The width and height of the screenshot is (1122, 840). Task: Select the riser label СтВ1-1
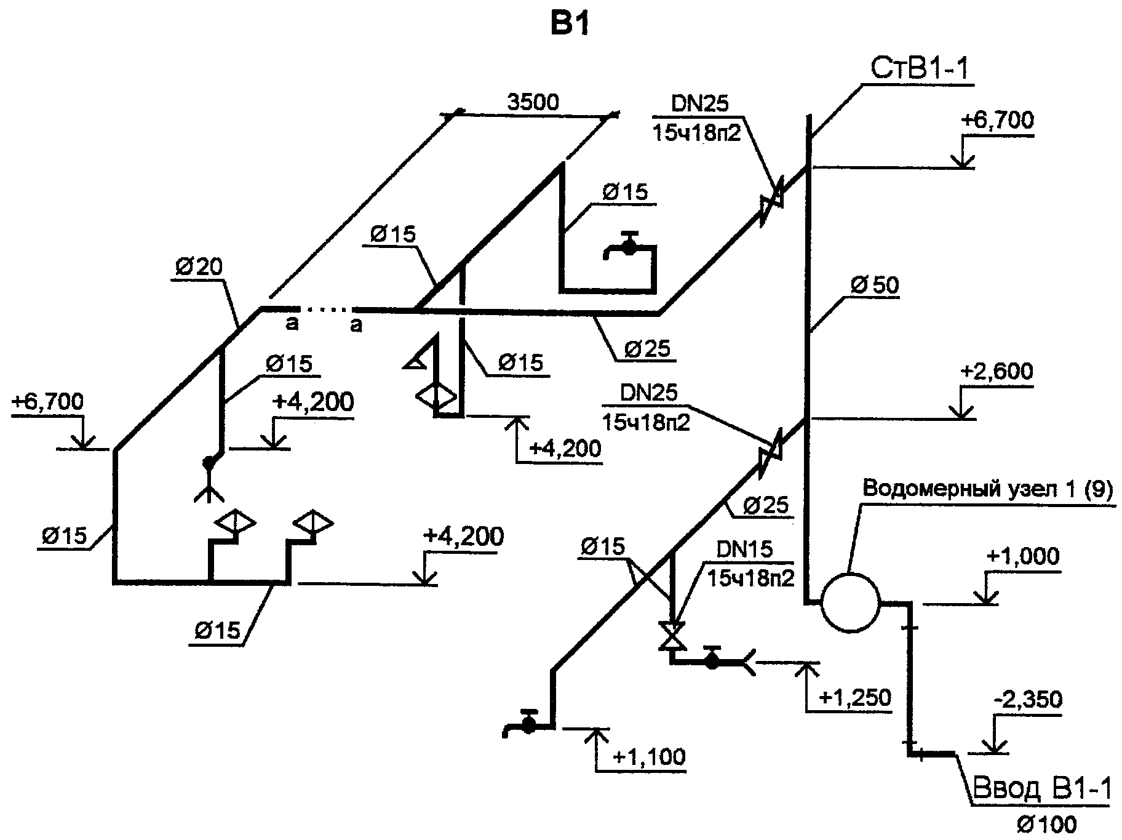coord(919,68)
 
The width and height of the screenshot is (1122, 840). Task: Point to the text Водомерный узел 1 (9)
coord(988,490)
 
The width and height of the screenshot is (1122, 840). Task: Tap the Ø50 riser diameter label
coord(874,286)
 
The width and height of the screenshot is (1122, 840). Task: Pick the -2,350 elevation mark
coord(1027,700)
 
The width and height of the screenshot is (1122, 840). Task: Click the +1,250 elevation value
coord(855,698)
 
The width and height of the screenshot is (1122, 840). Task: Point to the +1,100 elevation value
coord(649,756)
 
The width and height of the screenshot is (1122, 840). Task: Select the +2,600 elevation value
coord(996,372)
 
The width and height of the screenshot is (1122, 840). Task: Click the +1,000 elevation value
coord(1022,556)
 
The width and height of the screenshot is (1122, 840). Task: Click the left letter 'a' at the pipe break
coord(292,324)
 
